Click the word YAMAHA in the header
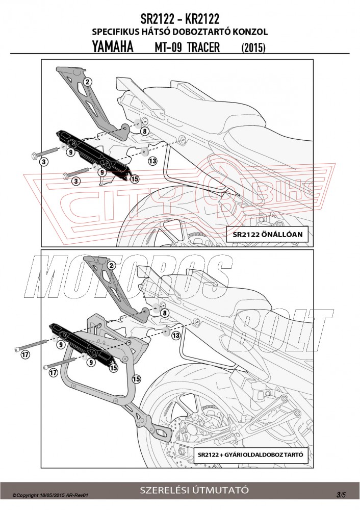pyautogui.click(x=113, y=47)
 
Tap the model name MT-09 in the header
pyautogui.click(x=166, y=47)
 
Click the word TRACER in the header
pyautogui.click(x=203, y=47)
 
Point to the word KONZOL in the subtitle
pyautogui.click(x=250, y=32)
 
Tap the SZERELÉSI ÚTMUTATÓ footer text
pyautogui.click(x=195, y=490)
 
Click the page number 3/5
pyautogui.click(x=341, y=494)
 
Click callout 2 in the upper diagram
pyautogui.click(x=87, y=82)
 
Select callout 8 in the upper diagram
pyautogui.click(x=144, y=131)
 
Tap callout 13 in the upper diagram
pyautogui.click(x=152, y=161)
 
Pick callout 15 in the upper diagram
pyautogui.click(x=135, y=178)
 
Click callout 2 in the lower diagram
pyautogui.click(x=111, y=265)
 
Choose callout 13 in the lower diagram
pyautogui.click(x=175, y=336)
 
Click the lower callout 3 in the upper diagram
pyautogui.click(x=76, y=181)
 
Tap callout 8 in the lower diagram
pyautogui.click(x=164, y=313)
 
